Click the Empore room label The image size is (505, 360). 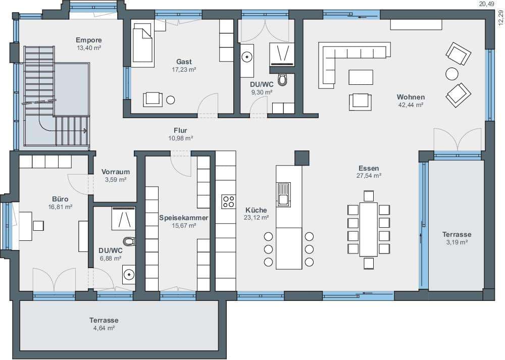(x=89, y=40)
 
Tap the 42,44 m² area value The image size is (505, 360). (x=411, y=105)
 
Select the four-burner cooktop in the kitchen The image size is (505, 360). (x=228, y=201)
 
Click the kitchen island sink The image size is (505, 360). (x=283, y=194)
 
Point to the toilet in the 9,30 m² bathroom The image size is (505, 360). (x=282, y=80)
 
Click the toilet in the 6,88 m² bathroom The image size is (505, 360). (x=129, y=241)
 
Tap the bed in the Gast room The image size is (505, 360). (x=142, y=45)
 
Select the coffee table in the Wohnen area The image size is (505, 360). (x=361, y=77)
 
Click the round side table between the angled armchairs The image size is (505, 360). (x=452, y=74)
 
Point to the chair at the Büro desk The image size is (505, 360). (x=38, y=226)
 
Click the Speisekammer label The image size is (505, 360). (x=184, y=218)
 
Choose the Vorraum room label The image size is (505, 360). (x=116, y=172)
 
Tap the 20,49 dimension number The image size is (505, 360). (x=487, y=4)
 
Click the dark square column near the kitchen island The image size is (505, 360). (x=302, y=158)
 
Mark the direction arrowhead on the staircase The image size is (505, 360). (x=85, y=131)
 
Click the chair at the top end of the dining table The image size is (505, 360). (x=369, y=196)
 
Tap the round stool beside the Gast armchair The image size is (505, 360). (x=170, y=100)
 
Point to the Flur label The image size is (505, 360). (x=180, y=130)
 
